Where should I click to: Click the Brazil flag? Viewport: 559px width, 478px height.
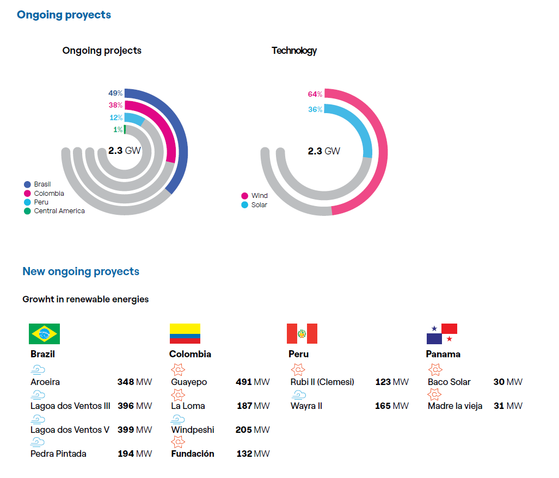pyautogui.click(x=44, y=334)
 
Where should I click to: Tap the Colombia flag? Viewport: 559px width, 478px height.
pyautogui.click(x=185, y=334)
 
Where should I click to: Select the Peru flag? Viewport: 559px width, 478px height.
pyautogui.click(x=302, y=333)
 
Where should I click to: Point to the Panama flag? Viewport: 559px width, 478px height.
pyautogui.click(x=441, y=334)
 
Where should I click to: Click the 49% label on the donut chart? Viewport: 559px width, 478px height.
pyautogui.click(x=115, y=93)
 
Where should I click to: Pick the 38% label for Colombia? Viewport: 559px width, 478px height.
pyautogui.click(x=115, y=105)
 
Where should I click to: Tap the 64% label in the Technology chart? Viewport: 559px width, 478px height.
pyautogui.click(x=315, y=94)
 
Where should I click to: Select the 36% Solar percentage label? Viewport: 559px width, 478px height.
pyautogui.click(x=315, y=109)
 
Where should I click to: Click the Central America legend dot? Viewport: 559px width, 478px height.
pyautogui.click(x=27, y=211)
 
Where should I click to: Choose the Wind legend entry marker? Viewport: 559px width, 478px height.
pyautogui.click(x=245, y=196)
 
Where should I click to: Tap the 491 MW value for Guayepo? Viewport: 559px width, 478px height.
pyautogui.click(x=253, y=382)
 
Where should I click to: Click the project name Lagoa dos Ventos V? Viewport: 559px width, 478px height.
pyautogui.click(x=70, y=430)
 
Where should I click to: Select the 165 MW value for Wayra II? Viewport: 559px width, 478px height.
pyautogui.click(x=392, y=406)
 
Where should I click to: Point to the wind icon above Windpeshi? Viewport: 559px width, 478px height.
pyautogui.click(x=177, y=419)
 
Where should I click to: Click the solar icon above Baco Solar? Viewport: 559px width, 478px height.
pyautogui.click(x=435, y=370)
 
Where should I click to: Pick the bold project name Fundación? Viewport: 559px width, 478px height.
pyautogui.click(x=193, y=454)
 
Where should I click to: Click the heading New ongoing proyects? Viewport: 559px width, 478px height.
pyautogui.click(x=81, y=271)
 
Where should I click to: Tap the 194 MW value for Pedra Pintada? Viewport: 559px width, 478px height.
pyautogui.click(x=135, y=454)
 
